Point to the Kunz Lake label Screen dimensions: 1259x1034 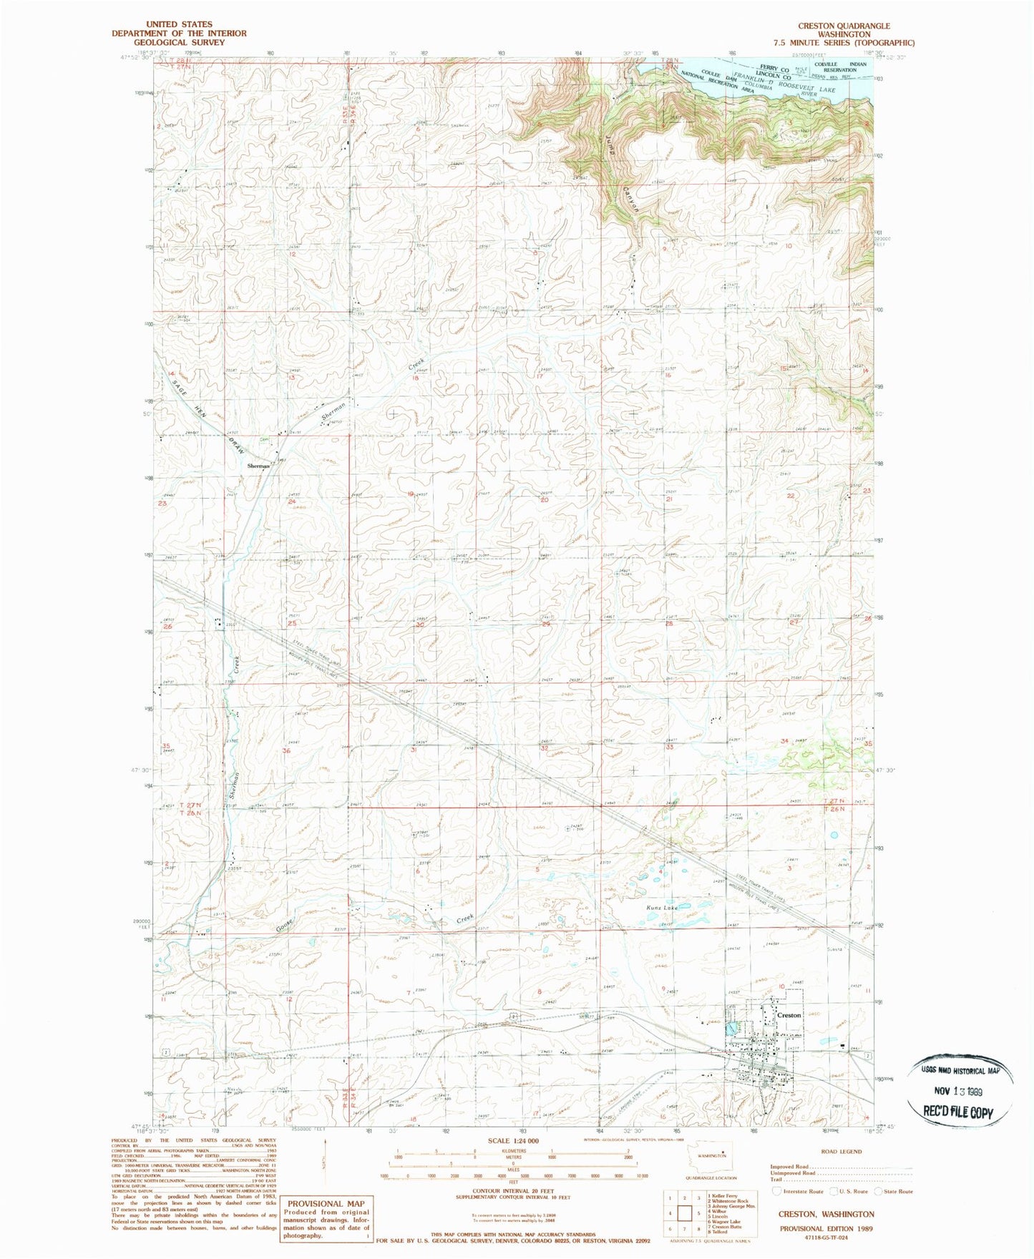(662, 908)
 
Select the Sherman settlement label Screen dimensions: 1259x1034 (258, 466)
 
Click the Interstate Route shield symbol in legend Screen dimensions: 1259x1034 (778, 1191)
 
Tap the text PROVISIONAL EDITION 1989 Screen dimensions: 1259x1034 (826, 1228)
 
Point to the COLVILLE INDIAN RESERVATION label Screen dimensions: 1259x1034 (845, 67)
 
